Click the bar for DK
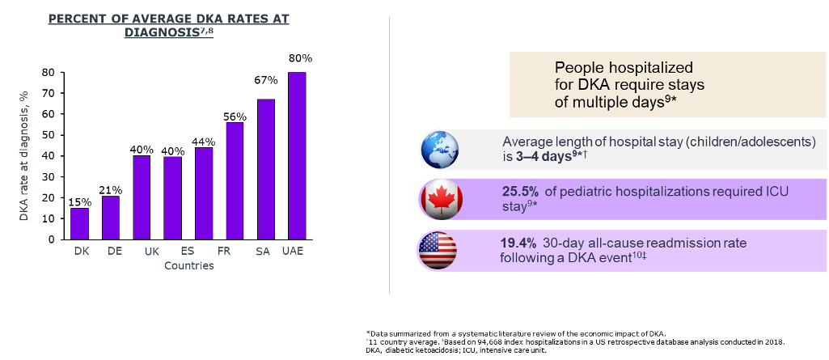click(79, 223)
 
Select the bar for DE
click(111, 218)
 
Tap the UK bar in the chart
click(142, 197)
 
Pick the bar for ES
click(173, 197)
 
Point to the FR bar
click(204, 193)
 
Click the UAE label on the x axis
click(293, 252)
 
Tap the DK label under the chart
click(82, 252)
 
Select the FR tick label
click(224, 252)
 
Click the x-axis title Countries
click(188, 265)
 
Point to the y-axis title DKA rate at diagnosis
click(24, 155)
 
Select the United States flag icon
click(438, 250)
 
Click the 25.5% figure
click(518, 192)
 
